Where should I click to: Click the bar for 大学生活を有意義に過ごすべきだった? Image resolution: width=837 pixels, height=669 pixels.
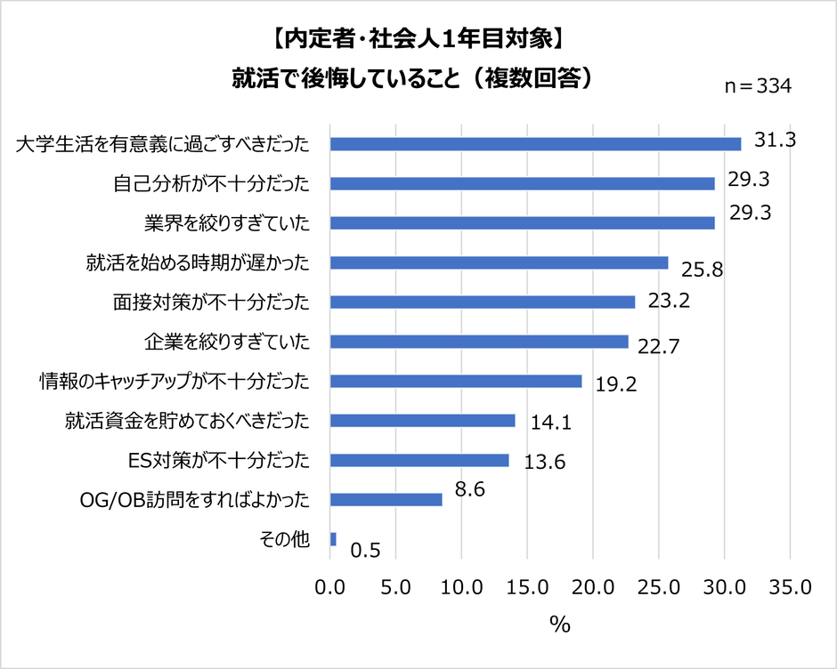click(535, 144)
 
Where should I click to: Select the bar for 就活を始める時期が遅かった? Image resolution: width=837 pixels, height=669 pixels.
click(499, 262)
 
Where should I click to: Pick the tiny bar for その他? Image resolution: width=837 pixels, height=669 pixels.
click(333, 539)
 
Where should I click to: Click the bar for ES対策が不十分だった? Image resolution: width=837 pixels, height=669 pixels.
click(419, 460)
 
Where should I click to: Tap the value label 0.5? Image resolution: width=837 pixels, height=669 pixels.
click(366, 552)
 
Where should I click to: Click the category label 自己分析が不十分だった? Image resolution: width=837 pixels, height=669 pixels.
click(212, 184)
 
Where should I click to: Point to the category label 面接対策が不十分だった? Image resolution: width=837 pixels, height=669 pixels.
click(212, 302)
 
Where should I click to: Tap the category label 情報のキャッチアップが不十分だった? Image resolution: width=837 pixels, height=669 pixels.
click(175, 382)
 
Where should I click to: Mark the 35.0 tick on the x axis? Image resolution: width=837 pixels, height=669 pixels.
click(789, 587)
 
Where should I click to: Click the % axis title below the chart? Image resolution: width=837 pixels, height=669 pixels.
click(559, 625)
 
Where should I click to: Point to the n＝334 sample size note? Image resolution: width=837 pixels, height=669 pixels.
click(756, 86)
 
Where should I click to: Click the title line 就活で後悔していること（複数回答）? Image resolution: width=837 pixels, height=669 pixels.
click(413, 78)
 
